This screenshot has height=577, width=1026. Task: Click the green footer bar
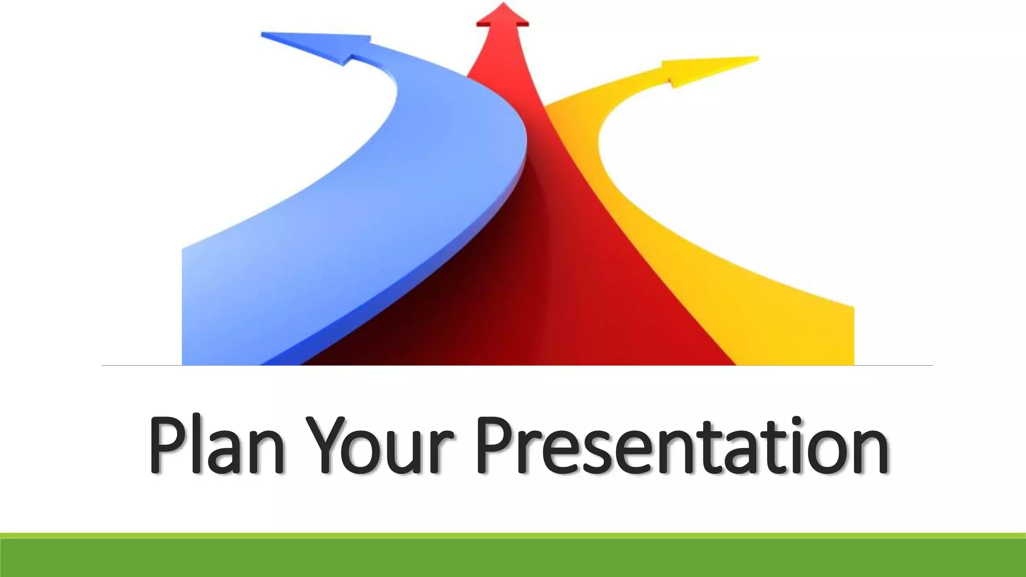[x=513, y=557]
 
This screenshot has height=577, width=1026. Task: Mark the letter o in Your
[x=371, y=453]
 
